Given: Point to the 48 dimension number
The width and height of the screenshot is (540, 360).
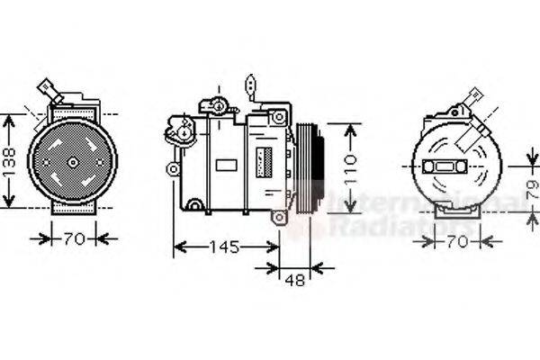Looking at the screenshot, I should click(x=292, y=281).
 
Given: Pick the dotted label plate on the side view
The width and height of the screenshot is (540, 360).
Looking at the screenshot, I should click(x=264, y=160).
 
